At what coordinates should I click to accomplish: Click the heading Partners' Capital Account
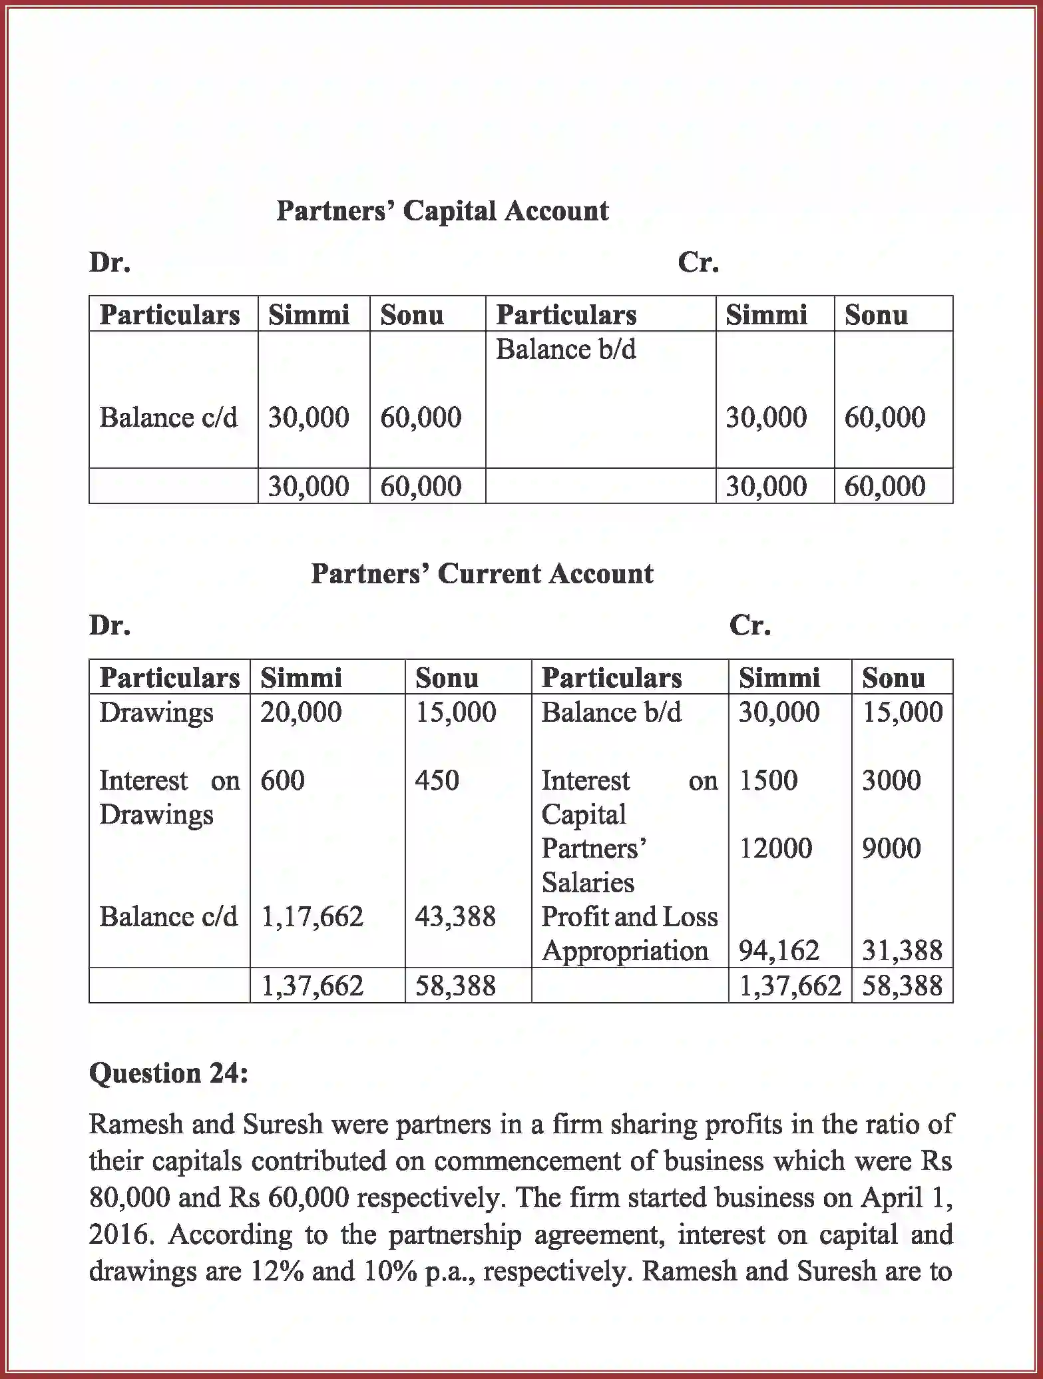coord(442,211)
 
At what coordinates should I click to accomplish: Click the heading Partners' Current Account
coord(482,574)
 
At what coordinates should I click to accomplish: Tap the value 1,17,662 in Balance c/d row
coord(312,917)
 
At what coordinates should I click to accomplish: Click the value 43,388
coord(455,917)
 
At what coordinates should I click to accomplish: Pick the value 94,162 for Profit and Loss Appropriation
coord(779,951)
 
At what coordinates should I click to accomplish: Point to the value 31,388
coord(902,951)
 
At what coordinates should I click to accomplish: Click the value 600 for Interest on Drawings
coord(282,780)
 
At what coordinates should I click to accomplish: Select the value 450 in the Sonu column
coord(437,780)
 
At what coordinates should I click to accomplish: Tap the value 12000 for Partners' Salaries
coord(775,848)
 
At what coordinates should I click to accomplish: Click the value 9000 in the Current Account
coord(891,848)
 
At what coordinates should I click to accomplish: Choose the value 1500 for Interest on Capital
coord(768,780)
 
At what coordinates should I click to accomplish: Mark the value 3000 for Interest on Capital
coord(891,780)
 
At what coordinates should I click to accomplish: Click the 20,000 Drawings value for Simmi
coord(301,712)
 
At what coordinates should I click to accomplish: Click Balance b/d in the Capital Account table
coord(566,350)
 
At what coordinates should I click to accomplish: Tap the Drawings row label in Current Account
coord(156,712)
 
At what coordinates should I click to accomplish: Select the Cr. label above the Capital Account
coord(698,262)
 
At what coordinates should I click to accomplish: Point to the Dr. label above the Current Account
coord(110,625)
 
